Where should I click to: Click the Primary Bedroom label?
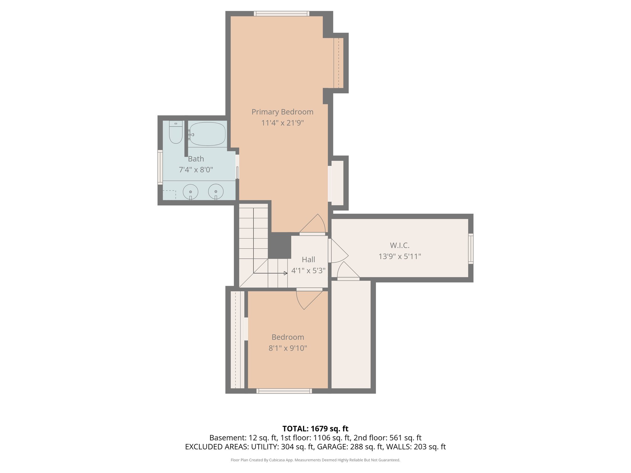point(282,112)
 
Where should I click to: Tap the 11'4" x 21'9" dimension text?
point(282,123)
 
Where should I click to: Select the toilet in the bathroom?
point(176,133)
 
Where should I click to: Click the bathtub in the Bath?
point(207,134)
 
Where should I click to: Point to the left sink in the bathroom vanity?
point(190,192)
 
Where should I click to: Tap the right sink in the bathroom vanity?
point(216,191)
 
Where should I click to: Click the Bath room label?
point(196,159)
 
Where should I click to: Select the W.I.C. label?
point(400,245)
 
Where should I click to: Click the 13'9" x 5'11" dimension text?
point(400,256)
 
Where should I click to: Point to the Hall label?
point(308,260)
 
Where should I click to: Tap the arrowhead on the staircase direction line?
point(286,273)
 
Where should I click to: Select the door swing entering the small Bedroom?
point(308,299)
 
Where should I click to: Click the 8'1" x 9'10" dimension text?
point(288,348)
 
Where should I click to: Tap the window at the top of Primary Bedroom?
point(282,14)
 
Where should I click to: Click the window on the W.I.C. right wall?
point(471,249)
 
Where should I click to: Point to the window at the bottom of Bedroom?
point(284,391)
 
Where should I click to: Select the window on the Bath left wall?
point(160,167)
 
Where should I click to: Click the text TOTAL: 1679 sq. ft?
point(315,429)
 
